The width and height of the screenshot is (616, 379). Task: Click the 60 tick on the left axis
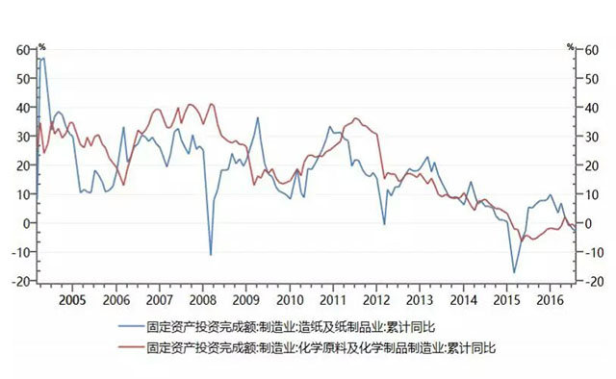tap(22, 49)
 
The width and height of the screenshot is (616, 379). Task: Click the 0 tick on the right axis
tap(587, 223)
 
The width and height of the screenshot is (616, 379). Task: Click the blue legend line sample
tap(128, 327)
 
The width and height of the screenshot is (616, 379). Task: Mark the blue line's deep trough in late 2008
tap(211, 255)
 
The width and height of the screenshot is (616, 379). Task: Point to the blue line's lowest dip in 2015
tap(514, 272)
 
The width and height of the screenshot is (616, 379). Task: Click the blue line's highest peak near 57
tap(43, 59)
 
